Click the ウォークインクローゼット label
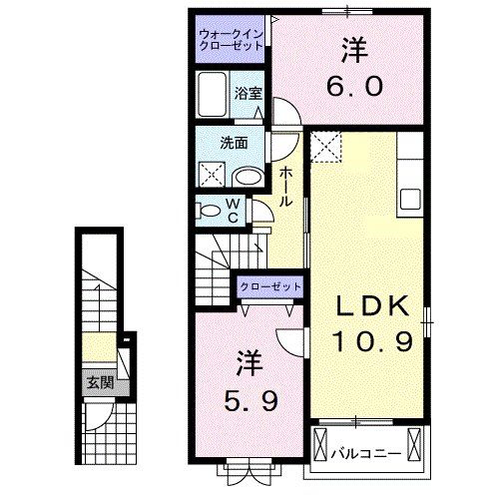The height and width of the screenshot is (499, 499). pyautogui.click(x=229, y=40)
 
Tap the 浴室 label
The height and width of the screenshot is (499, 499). pyautogui.click(x=249, y=94)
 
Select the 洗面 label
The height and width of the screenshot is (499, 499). pyautogui.click(x=235, y=142)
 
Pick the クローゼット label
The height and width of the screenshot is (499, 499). pyautogui.click(x=269, y=286)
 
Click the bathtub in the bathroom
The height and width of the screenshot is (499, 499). pyautogui.click(x=214, y=95)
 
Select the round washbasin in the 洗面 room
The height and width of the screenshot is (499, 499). pyautogui.click(x=248, y=177)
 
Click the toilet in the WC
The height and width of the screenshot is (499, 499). pyautogui.click(x=210, y=211)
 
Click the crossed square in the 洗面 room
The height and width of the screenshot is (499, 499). pyautogui.click(x=213, y=175)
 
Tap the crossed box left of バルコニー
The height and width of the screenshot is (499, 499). pyautogui.click(x=320, y=443)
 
